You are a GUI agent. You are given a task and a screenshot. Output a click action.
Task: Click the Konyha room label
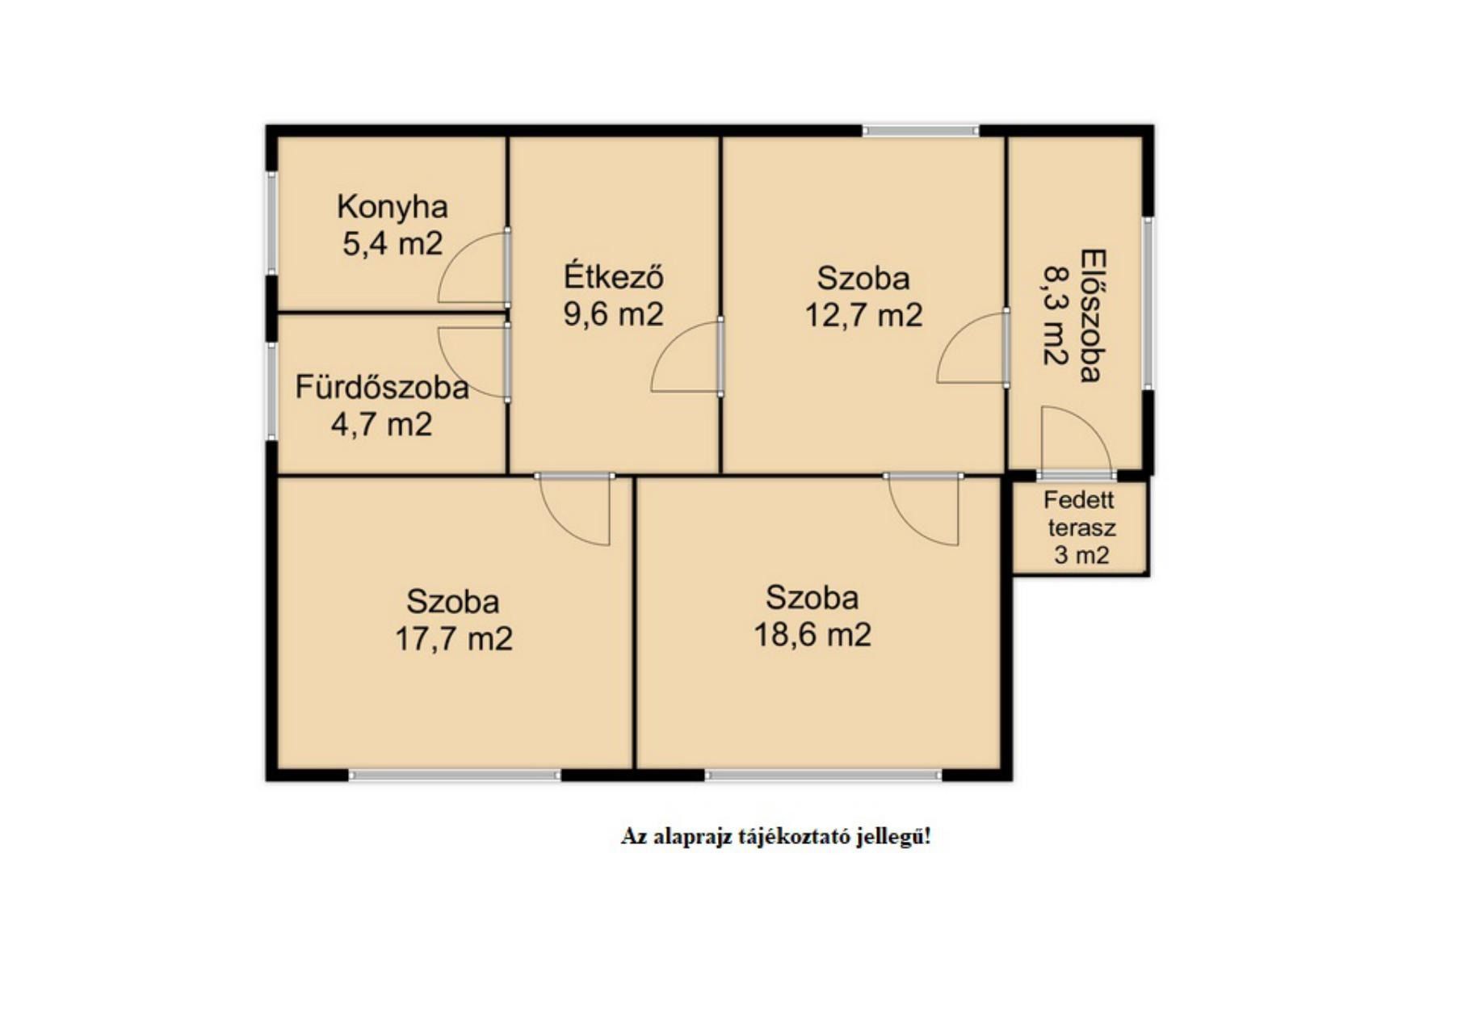[x=392, y=208]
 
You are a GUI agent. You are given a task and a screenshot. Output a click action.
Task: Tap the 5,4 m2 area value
[x=393, y=243]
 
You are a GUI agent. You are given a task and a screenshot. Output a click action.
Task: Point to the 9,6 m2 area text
[x=614, y=314]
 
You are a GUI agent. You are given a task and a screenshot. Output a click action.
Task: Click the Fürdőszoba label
[x=382, y=387]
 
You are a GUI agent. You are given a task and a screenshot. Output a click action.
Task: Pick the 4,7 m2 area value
[x=382, y=424]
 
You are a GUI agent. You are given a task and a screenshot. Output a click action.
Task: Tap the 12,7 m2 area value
[x=863, y=315]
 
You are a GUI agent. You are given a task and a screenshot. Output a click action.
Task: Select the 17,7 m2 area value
[x=453, y=639]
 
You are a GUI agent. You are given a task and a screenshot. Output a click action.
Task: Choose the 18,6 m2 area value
[x=812, y=635]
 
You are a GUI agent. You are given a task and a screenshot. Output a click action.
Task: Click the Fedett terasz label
[x=1081, y=514]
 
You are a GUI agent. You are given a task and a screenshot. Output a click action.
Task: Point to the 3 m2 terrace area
[x=1081, y=556]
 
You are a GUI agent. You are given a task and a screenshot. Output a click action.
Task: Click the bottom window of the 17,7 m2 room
[x=455, y=775]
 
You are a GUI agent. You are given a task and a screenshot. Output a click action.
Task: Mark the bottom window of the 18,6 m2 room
[x=824, y=775]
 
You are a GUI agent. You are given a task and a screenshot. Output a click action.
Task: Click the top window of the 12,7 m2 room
[x=921, y=130]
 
